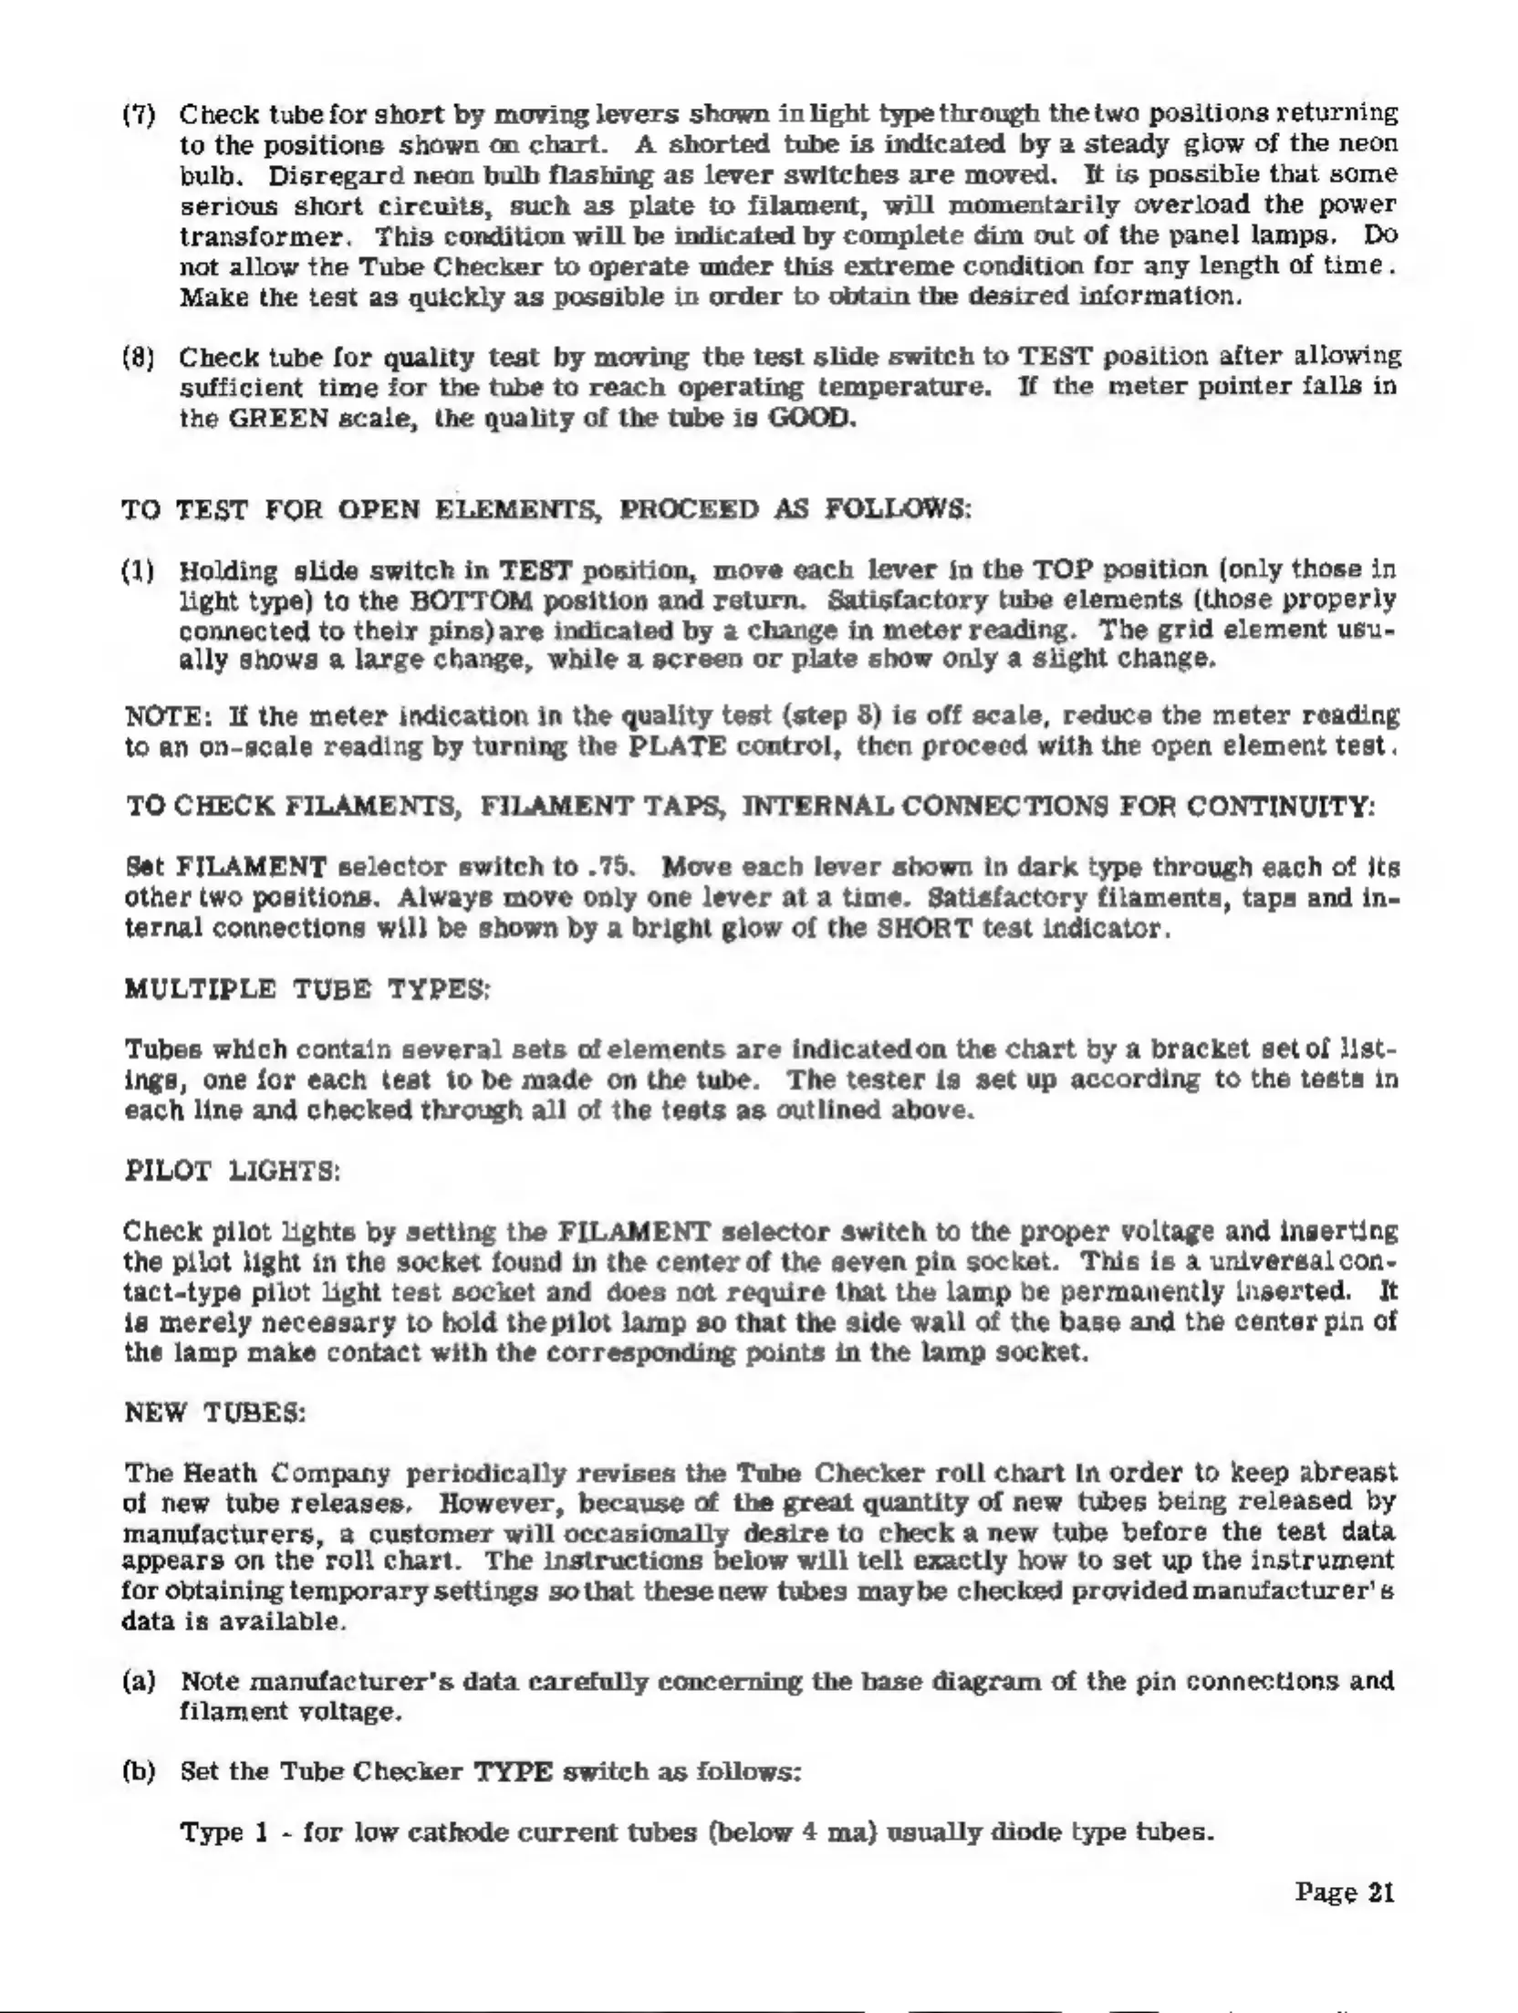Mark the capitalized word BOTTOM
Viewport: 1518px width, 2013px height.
click(483, 602)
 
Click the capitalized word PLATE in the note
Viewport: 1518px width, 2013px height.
click(676, 746)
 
